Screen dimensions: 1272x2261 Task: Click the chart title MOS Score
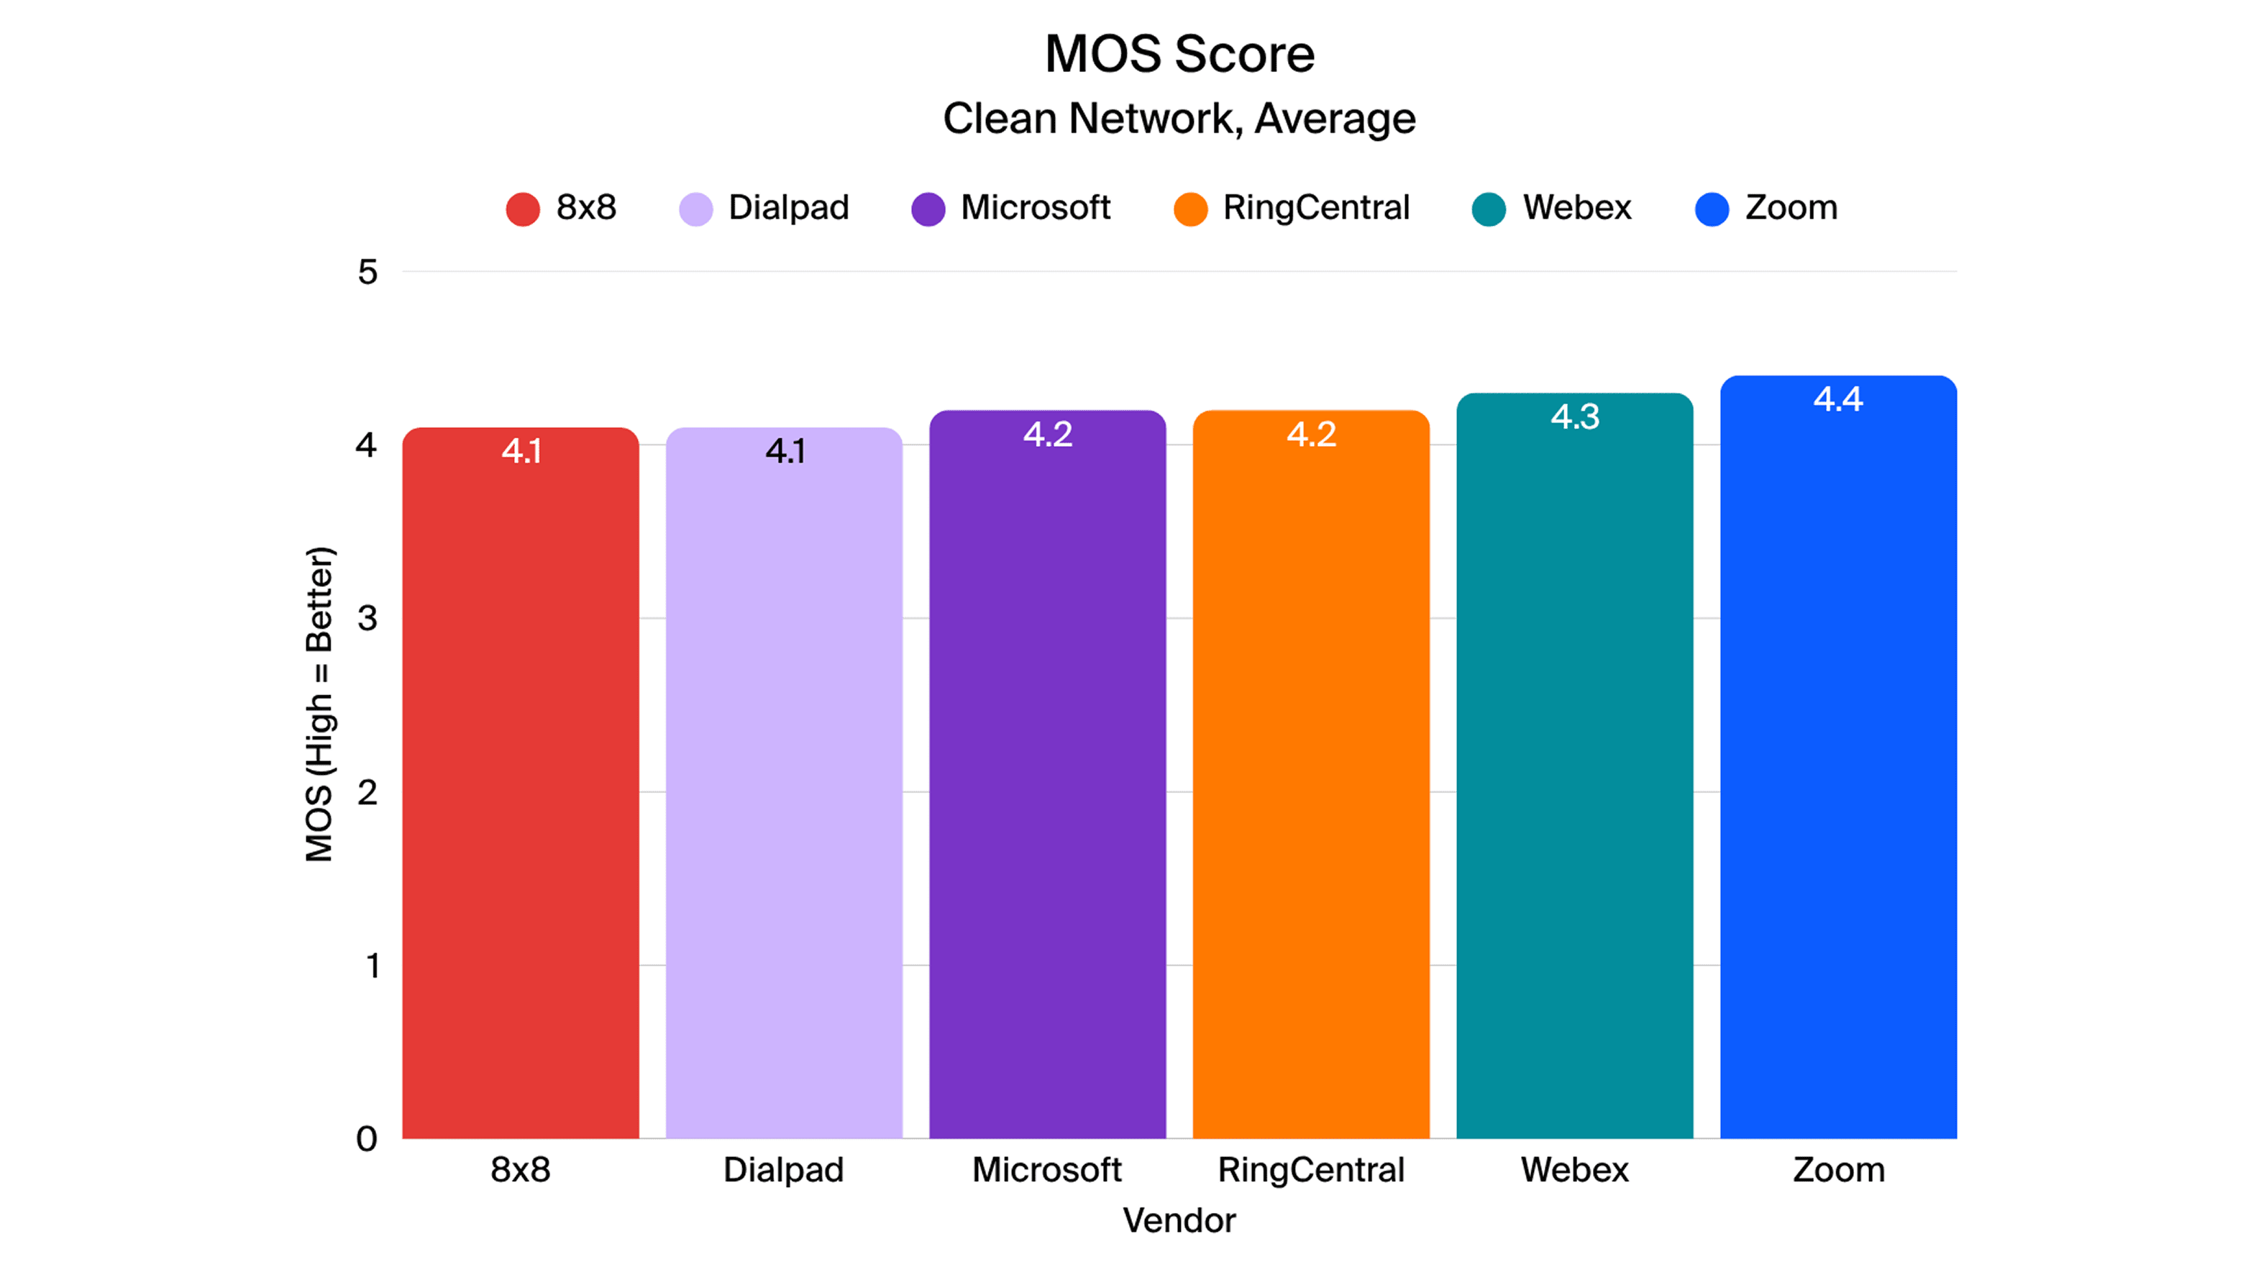click(1179, 55)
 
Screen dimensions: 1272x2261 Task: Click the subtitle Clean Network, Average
click(1179, 119)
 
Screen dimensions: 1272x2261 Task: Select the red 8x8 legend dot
click(523, 209)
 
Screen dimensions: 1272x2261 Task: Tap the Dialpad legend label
click(788, 208)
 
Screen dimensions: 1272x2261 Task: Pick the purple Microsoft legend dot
click(928, 209)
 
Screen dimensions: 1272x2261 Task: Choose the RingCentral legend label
click(1316, 208)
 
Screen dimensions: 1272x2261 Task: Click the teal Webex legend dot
click(1489, 209)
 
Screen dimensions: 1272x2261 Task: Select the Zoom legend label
click(1791, 208)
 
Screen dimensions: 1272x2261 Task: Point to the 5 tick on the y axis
click(367, 272)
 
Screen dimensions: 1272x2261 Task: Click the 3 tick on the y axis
click(367, 618)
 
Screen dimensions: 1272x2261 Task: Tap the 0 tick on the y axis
click(367, 1139)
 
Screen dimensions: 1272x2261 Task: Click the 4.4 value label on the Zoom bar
click(1838, 399)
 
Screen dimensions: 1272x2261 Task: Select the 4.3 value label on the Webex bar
click(1575, 417)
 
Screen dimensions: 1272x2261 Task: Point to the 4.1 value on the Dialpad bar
click(785, 451)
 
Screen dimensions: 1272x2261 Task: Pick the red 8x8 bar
click(521, 790)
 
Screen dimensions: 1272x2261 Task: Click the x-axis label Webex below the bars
click(1575, 1170)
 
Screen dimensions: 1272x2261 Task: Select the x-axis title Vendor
click(1179, 1220)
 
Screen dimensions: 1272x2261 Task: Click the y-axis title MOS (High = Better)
click(319, 704)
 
